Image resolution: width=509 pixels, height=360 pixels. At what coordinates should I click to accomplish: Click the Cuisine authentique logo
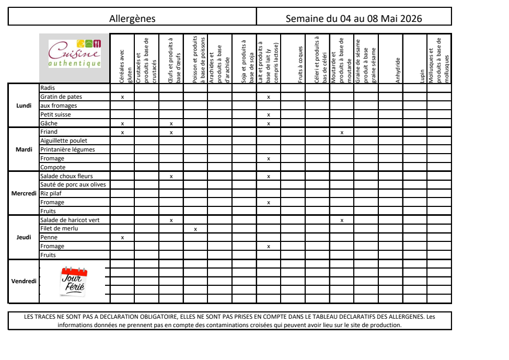point(75,54)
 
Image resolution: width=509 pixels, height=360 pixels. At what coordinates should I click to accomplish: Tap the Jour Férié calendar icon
point(74,281)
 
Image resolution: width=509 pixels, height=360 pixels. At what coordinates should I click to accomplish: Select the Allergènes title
point(132,19)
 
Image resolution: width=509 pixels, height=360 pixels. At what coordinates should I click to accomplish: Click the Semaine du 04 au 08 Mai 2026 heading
point(354,19)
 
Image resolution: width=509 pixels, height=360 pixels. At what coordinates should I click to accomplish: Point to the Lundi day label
point(24,106)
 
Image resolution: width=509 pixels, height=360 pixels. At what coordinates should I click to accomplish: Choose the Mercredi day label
point(24,193)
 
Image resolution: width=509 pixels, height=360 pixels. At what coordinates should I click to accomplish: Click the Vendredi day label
point(24,281)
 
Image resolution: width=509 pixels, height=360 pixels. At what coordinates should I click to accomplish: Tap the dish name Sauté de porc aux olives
point(73,185)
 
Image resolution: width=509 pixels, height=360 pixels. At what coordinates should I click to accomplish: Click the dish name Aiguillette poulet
point(64,141)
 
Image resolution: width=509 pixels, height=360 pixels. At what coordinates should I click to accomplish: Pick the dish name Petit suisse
point(55,114)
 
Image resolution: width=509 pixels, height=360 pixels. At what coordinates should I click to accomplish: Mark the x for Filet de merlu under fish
point(195,229)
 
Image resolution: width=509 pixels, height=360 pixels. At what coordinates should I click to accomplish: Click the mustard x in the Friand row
point(342,133)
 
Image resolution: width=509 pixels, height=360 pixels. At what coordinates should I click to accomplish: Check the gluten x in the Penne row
point(122,238)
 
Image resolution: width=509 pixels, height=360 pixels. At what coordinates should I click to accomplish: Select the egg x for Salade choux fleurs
point(171,177)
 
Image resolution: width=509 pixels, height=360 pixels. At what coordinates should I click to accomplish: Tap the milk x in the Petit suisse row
point(269,115)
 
